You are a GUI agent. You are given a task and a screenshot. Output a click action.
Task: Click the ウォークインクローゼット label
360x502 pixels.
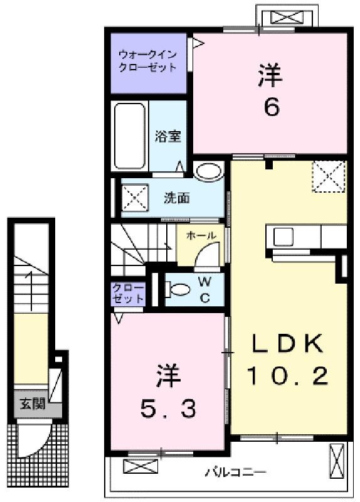click(x=147, y=61)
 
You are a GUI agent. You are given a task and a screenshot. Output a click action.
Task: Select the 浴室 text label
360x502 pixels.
click(x=167, y=136)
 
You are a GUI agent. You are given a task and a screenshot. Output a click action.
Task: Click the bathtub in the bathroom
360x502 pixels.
click(x=130, y=136)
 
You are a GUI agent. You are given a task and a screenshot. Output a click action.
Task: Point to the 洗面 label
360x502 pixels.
click(x=177, y=198)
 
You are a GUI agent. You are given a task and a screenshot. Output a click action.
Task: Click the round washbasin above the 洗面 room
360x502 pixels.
click(x=208, y=171)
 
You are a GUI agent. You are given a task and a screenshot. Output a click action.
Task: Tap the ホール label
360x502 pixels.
click(x=201, y=236)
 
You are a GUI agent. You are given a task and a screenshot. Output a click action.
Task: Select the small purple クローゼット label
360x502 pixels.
click(x=129, y=293)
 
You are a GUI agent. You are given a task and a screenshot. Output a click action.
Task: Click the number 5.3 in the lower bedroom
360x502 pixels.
click(x=168, y=409)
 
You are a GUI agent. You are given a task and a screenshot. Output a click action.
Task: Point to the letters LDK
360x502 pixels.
click(x=287, y=343)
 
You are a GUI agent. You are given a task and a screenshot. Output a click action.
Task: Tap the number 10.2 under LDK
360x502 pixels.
click(x=287, y=376)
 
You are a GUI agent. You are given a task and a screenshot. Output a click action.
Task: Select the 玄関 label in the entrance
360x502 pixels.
click(x=33, y=404)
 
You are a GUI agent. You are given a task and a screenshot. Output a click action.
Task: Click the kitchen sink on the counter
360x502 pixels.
click(x=283, y=237)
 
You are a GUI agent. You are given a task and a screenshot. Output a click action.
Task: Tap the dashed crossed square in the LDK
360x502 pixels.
click(x=329, y=176)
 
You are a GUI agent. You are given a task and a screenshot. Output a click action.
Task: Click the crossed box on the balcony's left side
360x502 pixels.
click(x=140, y=466)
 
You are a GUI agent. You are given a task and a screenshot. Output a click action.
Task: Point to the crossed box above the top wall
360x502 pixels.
click(x=287, y=18)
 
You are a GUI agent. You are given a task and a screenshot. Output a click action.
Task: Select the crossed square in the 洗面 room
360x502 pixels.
click(x=135, y=198)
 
